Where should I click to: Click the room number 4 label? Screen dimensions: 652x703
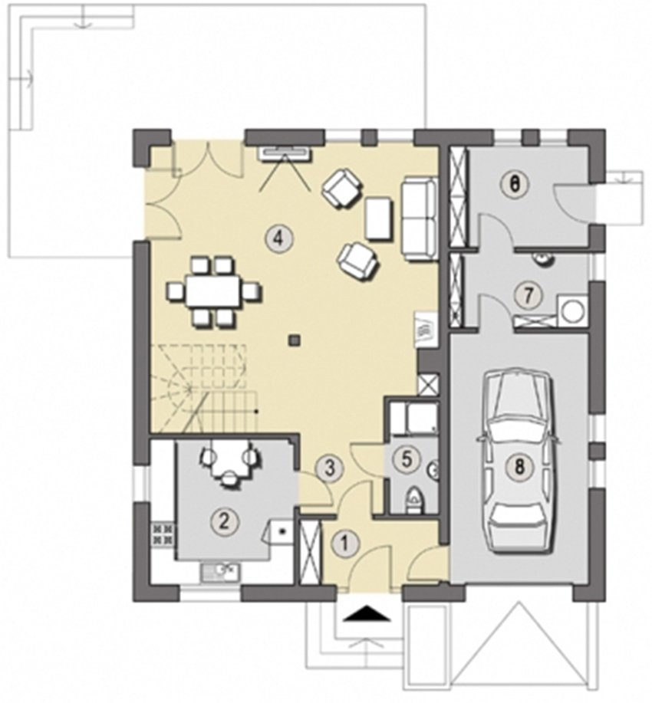(x=278, y=238)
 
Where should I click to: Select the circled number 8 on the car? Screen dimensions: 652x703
(x=519, y=467)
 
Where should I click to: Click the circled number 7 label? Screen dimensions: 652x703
(x=527, y=295)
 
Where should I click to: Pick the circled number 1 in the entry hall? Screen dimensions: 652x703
(x=344, y=544)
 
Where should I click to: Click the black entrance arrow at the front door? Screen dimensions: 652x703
(x=367, y=613)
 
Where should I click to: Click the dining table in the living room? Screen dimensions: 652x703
(x=213, y=291)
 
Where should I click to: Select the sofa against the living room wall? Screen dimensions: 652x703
(x=419, y=218)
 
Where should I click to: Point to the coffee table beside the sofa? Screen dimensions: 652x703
(x=379, y=218)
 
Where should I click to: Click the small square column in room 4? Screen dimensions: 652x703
(x=294, y=340)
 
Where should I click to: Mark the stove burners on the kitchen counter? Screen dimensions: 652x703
(x=163, y=534)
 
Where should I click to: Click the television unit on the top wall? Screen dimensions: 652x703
(x=285, y=153)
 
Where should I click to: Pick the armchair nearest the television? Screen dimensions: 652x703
(x=341, y=187)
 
